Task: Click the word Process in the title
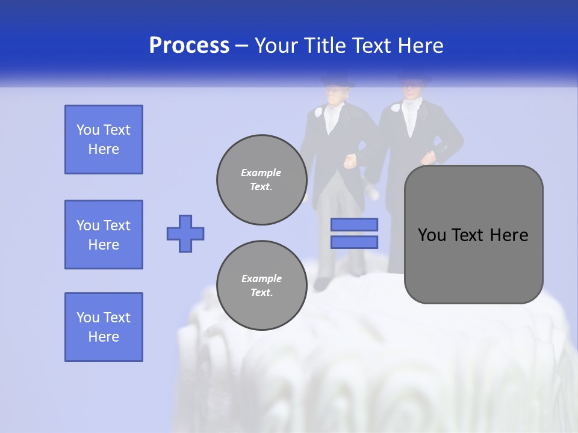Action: (x=189, y=46)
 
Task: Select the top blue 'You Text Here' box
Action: (x=104, y=140)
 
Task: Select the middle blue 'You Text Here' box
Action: (x=104, y=235)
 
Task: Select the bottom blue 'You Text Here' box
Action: (x=104, y=327)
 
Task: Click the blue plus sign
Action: (x=185, y=233)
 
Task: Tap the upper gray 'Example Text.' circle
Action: (x=261, y=180)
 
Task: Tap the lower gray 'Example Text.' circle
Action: (x=261, y=286)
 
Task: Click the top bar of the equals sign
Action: (x=354, y=224)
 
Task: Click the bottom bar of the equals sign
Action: (x=354, y=242)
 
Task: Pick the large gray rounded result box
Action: (x=473, y=235)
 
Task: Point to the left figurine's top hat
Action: (x=334, y=79)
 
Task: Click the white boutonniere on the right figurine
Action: (x=395, y=109)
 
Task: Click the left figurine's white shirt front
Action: (x=332, y=119)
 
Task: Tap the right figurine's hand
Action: (x=429, y=158)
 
